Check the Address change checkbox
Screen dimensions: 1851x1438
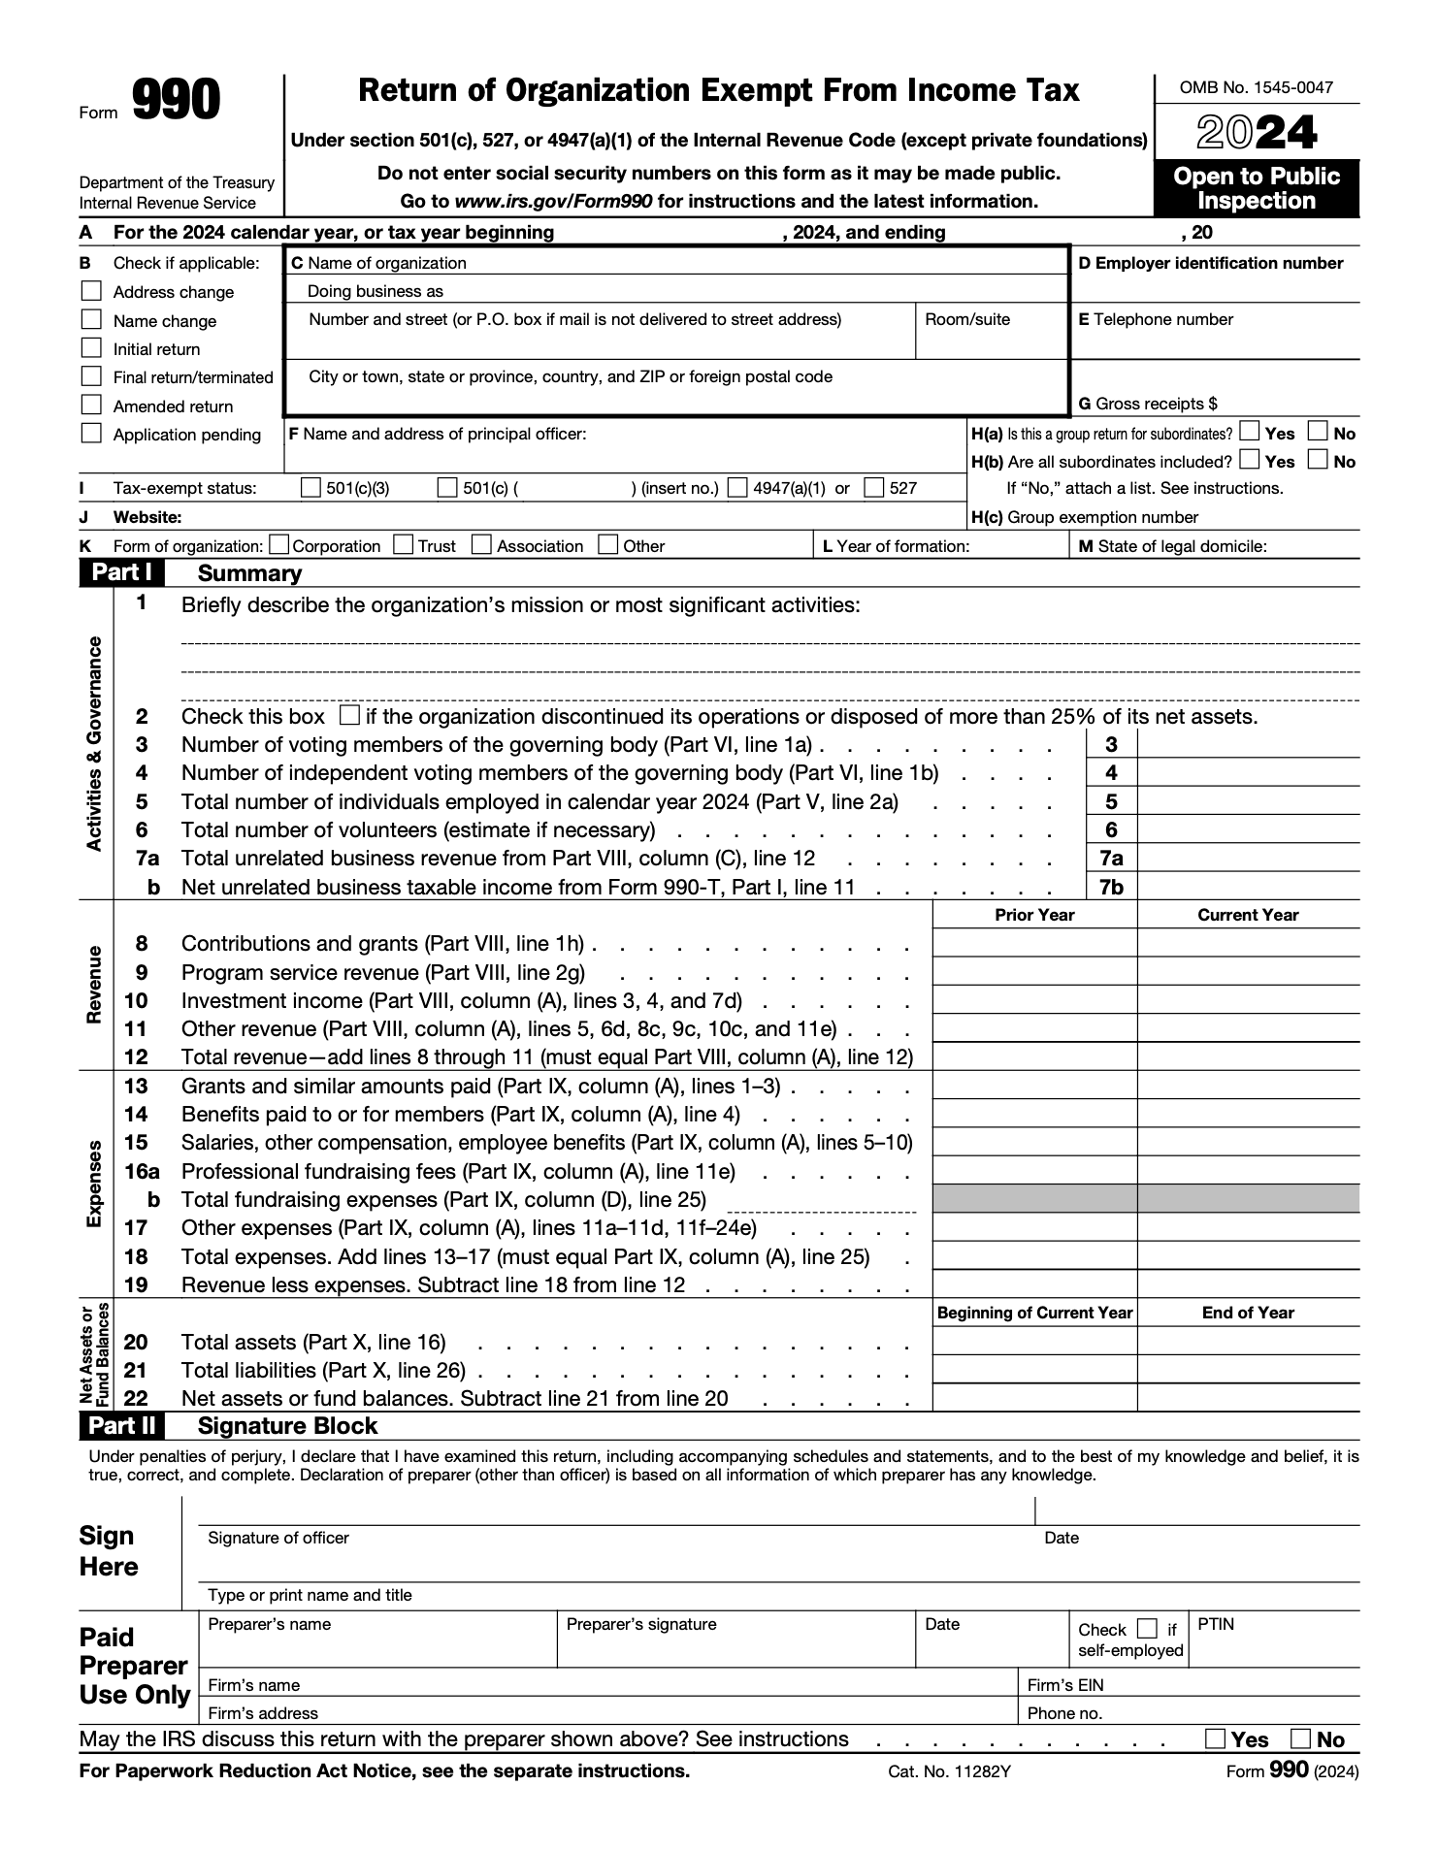pyautogui.click(x=91, y=291)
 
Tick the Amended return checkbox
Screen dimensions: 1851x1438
pyautogui.click(x=91, y=405)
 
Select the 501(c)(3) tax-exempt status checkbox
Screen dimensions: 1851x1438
pyautogui.click(x=310, y=488)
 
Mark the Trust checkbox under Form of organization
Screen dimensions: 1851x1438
pyautogui.click(x=404, y=545)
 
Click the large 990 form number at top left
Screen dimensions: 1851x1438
pyautogui.click(x=176, y=102)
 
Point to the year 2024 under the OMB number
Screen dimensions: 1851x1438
pyautogui.click(x=1257, y=133)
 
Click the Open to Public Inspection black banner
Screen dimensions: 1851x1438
pyautogui.click(x=1257, y=188)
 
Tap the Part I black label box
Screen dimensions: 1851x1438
pyautogui.click(x=121, y=572)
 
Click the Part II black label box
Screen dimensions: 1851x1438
pyautogui.click(x=121, y=1425)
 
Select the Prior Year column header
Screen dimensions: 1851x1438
pyautogui.click(x=1034, y=915)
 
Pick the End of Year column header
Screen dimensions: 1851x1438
pyautogui.click(x=1248, y=1313)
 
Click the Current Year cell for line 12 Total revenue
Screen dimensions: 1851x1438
pyautogui.click(x=1248, y=1056)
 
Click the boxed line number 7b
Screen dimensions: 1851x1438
pyautogui.click(x=1111, y=887)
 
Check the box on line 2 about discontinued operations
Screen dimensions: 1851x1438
pyautogui.click(x=350, y=716)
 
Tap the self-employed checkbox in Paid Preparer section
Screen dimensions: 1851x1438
pyautogui.click(x=1147, y=1629)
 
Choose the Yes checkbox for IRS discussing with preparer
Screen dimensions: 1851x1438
pyautogui.click(x=1215, y=1738)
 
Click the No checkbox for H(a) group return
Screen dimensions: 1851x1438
pyautogui.click(x=1318, y=432)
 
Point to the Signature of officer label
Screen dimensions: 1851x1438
pyautogui.click(x=278, y=1538)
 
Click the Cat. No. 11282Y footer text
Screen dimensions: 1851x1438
pyautogui.click(x=949, y=1771)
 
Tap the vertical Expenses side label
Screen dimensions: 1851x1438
pyautogui.click(x=94, y=1185)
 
